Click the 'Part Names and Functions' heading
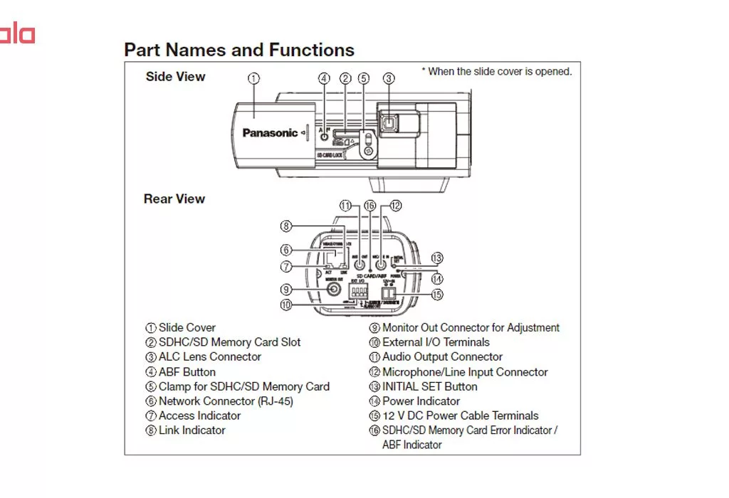pyautogui.click(x=239, y=51)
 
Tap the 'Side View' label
pyautogui.click(x=175, y=77)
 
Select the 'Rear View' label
pyautogui.click(x=174, y=199)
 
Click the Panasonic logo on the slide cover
pyautogui.click(x=270, y=133)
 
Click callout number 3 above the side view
pyautogui.click(x=388, y=78)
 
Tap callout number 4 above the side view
pyautogui.click(x=324, y=78)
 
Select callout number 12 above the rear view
pyautogui.click(x=395, y=206)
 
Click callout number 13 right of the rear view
pyautogui.click(x=437, y=258)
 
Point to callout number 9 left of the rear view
pyautogui.click(x=286, y=290)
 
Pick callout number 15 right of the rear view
pyautogui.click(x=437, y=295)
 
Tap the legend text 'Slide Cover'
pyautogui.click(x=187, y=328)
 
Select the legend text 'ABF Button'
pyautogui.click(x=187, y=372)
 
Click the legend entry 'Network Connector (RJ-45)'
pyautogui.click(x=225, y=401)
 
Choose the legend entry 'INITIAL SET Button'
pyautogui.click(x=429, y=387)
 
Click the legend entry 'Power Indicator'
pyautogui.click(x=421, y=401)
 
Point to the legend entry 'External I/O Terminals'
pyautogui.click(x=436, y=342)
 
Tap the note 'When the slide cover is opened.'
pyautogui.click(x=500, y=71)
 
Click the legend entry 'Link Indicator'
pyautogui.click(x=192, y=430)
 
